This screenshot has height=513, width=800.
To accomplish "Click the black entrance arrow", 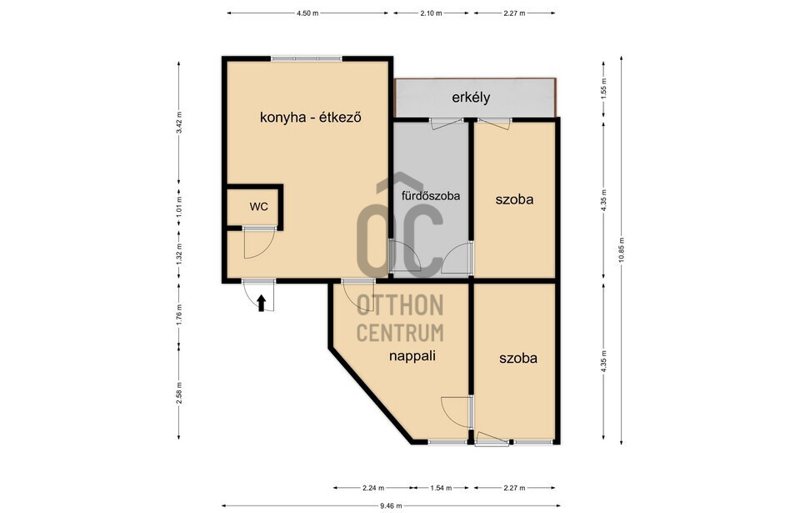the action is pyautogui.click(x=261, y=303).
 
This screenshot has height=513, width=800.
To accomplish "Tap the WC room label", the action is pyautogui.click(x=258, y=207).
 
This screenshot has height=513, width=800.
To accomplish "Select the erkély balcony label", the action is pyautogui.click(x=471, y=98).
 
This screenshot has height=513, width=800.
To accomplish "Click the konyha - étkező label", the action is pyautogui.click(x=311, y=118).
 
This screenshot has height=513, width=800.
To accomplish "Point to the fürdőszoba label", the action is pyautogui.click(x=431, y=196).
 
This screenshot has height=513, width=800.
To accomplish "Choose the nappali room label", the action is pyautogui.click(x=412, y=356).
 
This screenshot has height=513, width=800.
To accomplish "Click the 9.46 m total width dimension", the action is pyautogui.click(x=391, y=506).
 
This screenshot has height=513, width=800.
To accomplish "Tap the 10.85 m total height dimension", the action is pyautogui.click(x=621, y=250).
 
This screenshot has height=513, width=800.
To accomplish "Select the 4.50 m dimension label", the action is pyautogui.click(x=307, y=13).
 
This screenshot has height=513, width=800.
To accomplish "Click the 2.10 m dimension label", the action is pyautogui.click(x=431, y=13).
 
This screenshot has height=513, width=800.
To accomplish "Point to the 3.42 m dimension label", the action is pyautogui.click(x=178, y=123).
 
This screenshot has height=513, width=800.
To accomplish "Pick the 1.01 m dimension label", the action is pyautogui.click(x=178, y=208).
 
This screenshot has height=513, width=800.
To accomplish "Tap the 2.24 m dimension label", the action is pyautogui.click(x=373, y=488).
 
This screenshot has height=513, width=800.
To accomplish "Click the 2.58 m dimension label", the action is pyautogui.click(x=178, y=393).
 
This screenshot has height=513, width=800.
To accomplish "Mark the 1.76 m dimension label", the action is pyautogui.click(x=178, y=314).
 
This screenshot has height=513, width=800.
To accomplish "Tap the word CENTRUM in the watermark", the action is pyautogui.click(x=399, y=333).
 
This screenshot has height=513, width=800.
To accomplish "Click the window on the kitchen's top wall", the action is pyautogui.click(x=306, y=58).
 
